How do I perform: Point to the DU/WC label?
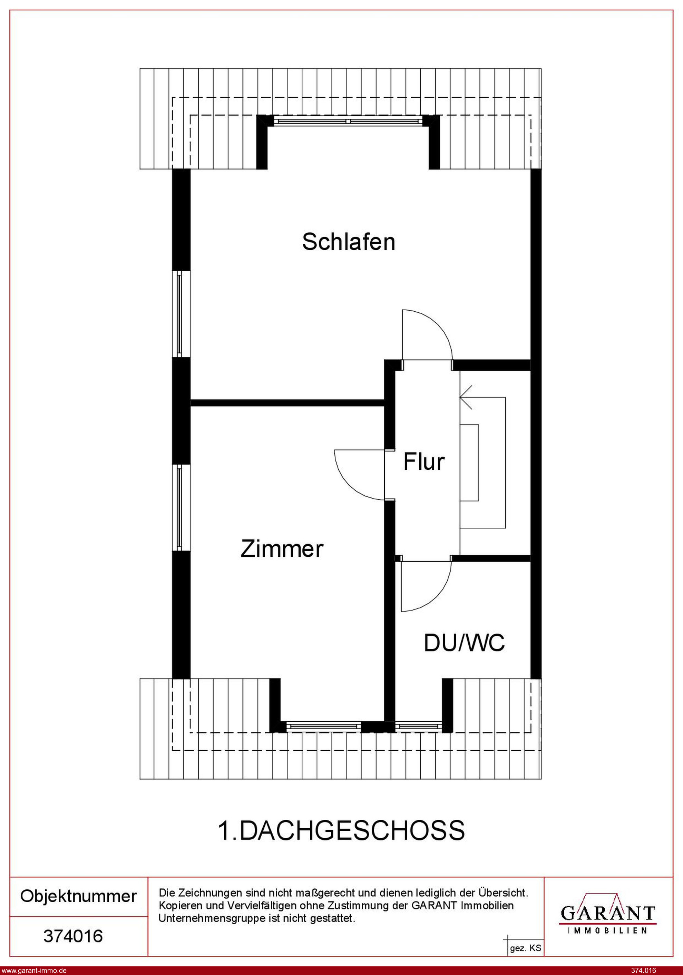464,643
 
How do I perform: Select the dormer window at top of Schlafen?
348,121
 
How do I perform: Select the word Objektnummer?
79,896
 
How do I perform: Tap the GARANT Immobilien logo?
608,913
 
